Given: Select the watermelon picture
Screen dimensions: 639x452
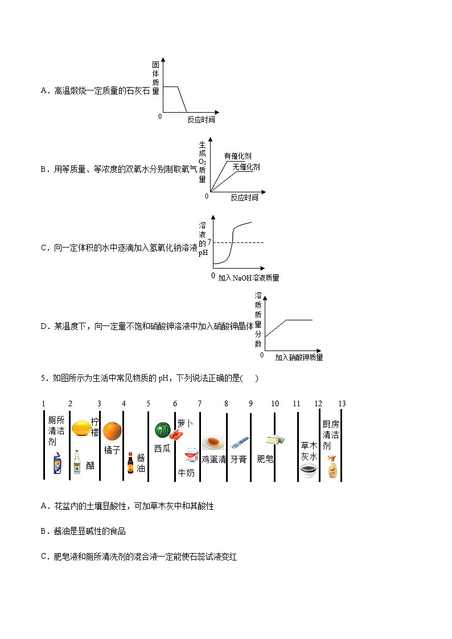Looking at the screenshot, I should [162, 428].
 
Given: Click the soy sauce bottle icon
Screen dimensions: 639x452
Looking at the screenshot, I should [130, 463].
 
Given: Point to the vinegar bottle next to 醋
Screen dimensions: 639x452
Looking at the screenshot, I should [77, 463].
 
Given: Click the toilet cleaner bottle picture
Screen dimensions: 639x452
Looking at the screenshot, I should [57, 464].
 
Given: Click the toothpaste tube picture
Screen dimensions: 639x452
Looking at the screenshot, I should [240, 442].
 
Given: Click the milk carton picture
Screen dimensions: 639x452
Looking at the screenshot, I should [190, 455].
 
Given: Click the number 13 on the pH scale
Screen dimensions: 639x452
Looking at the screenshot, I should [342, 403].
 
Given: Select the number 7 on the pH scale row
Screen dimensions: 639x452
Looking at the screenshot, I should [199, 403].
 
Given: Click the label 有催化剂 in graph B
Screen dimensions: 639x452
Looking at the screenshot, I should [237, 156].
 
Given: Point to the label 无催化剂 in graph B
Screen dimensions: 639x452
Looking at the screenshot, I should [245, 167].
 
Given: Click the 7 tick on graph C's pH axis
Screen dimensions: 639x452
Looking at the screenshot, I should [209, 242].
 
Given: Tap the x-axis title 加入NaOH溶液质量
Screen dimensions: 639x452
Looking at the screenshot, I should [248, 278].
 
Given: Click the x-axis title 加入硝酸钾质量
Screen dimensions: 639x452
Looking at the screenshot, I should [298, 357].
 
